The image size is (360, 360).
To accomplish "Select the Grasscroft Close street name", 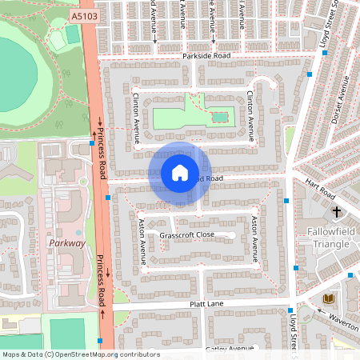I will [186, 236].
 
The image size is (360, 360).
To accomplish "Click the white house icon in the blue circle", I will [179, 173].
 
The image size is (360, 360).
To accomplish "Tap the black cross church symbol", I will [336, 213].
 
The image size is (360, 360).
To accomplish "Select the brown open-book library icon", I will [327, 299].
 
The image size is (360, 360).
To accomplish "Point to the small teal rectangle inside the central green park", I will [219, 118].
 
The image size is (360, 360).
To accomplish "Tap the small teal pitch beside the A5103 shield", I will [73, 34].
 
